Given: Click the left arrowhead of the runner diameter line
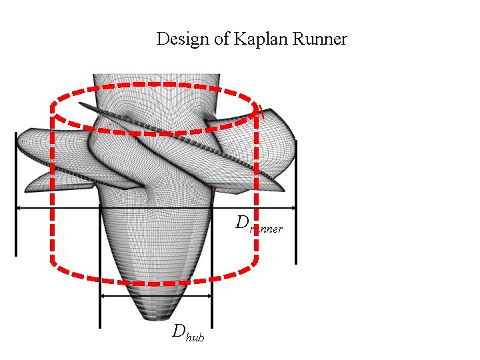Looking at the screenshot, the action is click(x=19, y=208).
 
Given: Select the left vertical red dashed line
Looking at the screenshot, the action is click(x=53, y=193).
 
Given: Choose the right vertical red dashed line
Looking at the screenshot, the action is click(x=257, y=193).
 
